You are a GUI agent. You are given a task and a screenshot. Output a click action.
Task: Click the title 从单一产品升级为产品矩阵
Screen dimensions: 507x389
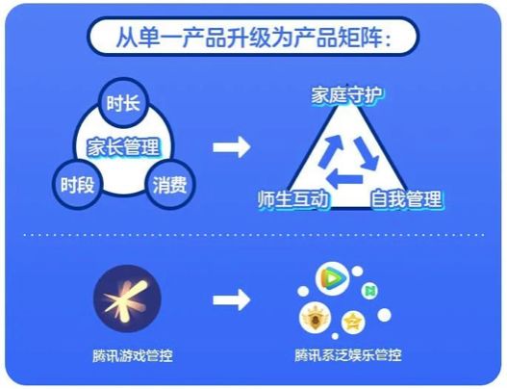point(253,38)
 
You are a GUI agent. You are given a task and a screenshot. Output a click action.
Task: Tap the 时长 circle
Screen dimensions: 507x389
point(123,103)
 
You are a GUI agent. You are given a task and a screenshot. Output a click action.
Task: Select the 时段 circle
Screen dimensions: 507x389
point(77,185)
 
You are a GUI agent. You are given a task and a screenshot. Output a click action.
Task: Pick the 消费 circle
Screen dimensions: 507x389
point(170,185)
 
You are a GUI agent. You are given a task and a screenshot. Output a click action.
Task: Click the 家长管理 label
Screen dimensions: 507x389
point(123,146)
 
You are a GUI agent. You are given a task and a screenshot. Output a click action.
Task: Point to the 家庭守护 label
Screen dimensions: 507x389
point(346,95)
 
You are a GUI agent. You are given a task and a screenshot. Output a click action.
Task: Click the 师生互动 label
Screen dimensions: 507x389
point(293,199)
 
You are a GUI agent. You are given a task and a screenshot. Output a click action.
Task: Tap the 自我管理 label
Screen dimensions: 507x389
point(406,199)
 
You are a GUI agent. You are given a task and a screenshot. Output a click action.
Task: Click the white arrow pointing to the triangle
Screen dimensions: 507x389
point(232,147)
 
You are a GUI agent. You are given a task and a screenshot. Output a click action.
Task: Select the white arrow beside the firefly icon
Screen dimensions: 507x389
point(232,300)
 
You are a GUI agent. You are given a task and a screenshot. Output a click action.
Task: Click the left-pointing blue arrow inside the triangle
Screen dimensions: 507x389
point(344,178)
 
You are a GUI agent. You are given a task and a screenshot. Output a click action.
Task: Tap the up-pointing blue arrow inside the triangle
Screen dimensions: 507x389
point(330,151)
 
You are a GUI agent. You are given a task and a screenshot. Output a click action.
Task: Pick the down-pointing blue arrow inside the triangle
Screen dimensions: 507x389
point(367,153)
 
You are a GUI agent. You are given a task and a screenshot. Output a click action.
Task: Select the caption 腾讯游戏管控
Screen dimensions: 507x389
point(132,355)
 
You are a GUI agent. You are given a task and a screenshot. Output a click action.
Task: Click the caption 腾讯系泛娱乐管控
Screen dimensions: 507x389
point(348,354)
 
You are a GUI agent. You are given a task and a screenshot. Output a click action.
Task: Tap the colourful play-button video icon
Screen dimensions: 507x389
point(332,278)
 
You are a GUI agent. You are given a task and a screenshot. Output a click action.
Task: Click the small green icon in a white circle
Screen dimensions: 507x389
point(368,291)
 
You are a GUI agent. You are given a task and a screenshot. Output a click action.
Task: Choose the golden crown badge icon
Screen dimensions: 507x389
point(315,318)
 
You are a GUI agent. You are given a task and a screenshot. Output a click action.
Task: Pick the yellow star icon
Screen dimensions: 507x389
point(353,322)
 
